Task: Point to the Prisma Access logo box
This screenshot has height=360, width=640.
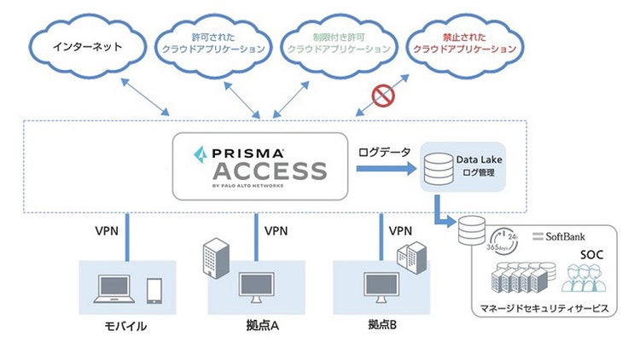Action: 260,165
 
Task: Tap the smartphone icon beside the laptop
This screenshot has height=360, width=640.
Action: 154,291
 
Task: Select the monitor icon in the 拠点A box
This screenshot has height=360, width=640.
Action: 257,287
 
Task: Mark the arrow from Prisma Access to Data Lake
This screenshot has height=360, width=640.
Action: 384,169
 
